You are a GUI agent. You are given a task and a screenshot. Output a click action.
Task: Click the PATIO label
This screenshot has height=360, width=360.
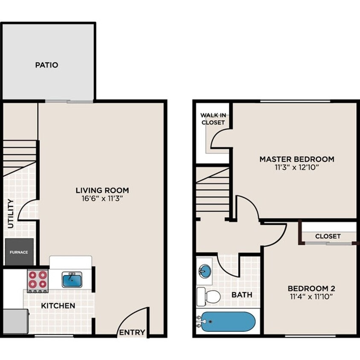(46, 65)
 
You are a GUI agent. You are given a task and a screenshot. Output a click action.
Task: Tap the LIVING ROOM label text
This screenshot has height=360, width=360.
(102, 190)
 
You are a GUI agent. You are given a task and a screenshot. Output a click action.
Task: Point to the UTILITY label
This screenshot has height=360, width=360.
(11, 213)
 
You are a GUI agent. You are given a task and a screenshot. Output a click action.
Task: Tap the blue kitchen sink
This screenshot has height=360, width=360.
(72, 280)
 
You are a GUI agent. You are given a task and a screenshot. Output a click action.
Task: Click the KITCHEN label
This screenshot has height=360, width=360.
(58, 306)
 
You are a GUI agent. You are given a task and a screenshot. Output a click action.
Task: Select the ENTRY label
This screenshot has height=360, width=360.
(132, 333)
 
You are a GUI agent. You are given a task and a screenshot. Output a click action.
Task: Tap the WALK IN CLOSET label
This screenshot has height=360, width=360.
(213, 119)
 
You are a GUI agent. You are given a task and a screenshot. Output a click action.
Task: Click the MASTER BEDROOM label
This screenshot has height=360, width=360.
(297, 159)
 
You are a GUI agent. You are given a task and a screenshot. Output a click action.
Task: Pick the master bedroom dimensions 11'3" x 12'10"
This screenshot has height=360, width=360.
(297, 167)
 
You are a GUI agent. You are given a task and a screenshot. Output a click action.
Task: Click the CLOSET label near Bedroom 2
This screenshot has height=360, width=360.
(328, 236)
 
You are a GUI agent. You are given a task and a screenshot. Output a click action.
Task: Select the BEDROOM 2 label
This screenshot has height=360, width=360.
(311, 287)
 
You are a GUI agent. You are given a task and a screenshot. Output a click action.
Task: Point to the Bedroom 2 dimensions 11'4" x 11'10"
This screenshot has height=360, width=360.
(311, 296)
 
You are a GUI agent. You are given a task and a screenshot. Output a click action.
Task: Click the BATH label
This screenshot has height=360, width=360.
(242, 295)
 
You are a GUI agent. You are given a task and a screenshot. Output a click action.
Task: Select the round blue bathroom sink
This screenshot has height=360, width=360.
(205, 271)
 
